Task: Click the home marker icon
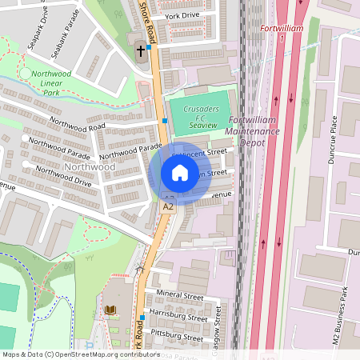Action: click(179, 172)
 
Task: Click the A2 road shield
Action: click(168, 206)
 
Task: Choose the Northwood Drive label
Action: click(64, 182)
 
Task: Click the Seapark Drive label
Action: click(38, 30)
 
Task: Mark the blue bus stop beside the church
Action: click(150, 47)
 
